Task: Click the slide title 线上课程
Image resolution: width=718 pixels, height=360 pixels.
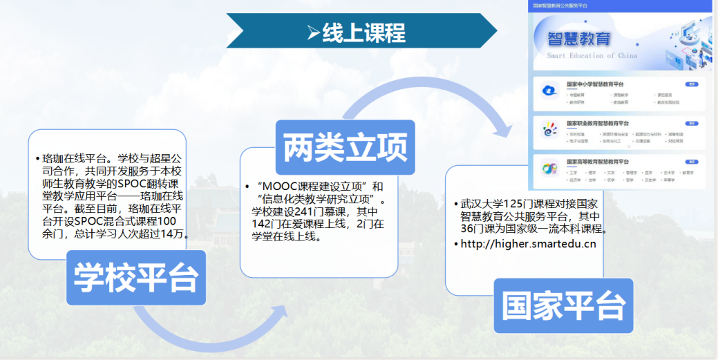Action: (363, 32)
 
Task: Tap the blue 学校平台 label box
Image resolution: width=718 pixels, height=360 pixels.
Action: (136, 278)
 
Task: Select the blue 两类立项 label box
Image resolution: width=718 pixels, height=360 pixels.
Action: (345, 147)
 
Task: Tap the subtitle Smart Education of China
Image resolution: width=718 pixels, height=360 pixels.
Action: (592, 55)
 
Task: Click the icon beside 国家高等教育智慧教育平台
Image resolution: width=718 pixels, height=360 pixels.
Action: (550, 169)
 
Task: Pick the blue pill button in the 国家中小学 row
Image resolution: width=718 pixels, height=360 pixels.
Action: (692, 84)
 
